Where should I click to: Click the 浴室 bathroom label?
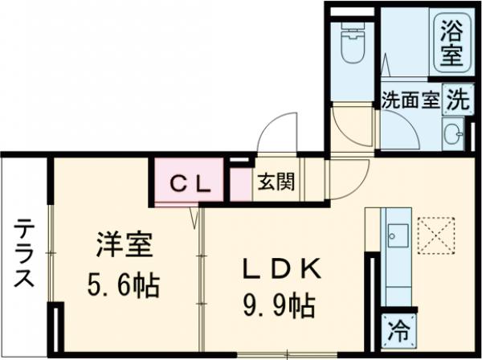[x=449, y=44]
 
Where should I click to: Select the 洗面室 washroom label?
[x=410, y=101]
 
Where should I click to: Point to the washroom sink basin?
[x=451, y=131]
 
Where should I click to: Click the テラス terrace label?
[x=23, y=255]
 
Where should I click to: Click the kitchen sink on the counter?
[x=396, y=235]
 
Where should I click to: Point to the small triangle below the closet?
[x=194, y=218]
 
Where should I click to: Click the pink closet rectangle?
[x=193, y=183]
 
